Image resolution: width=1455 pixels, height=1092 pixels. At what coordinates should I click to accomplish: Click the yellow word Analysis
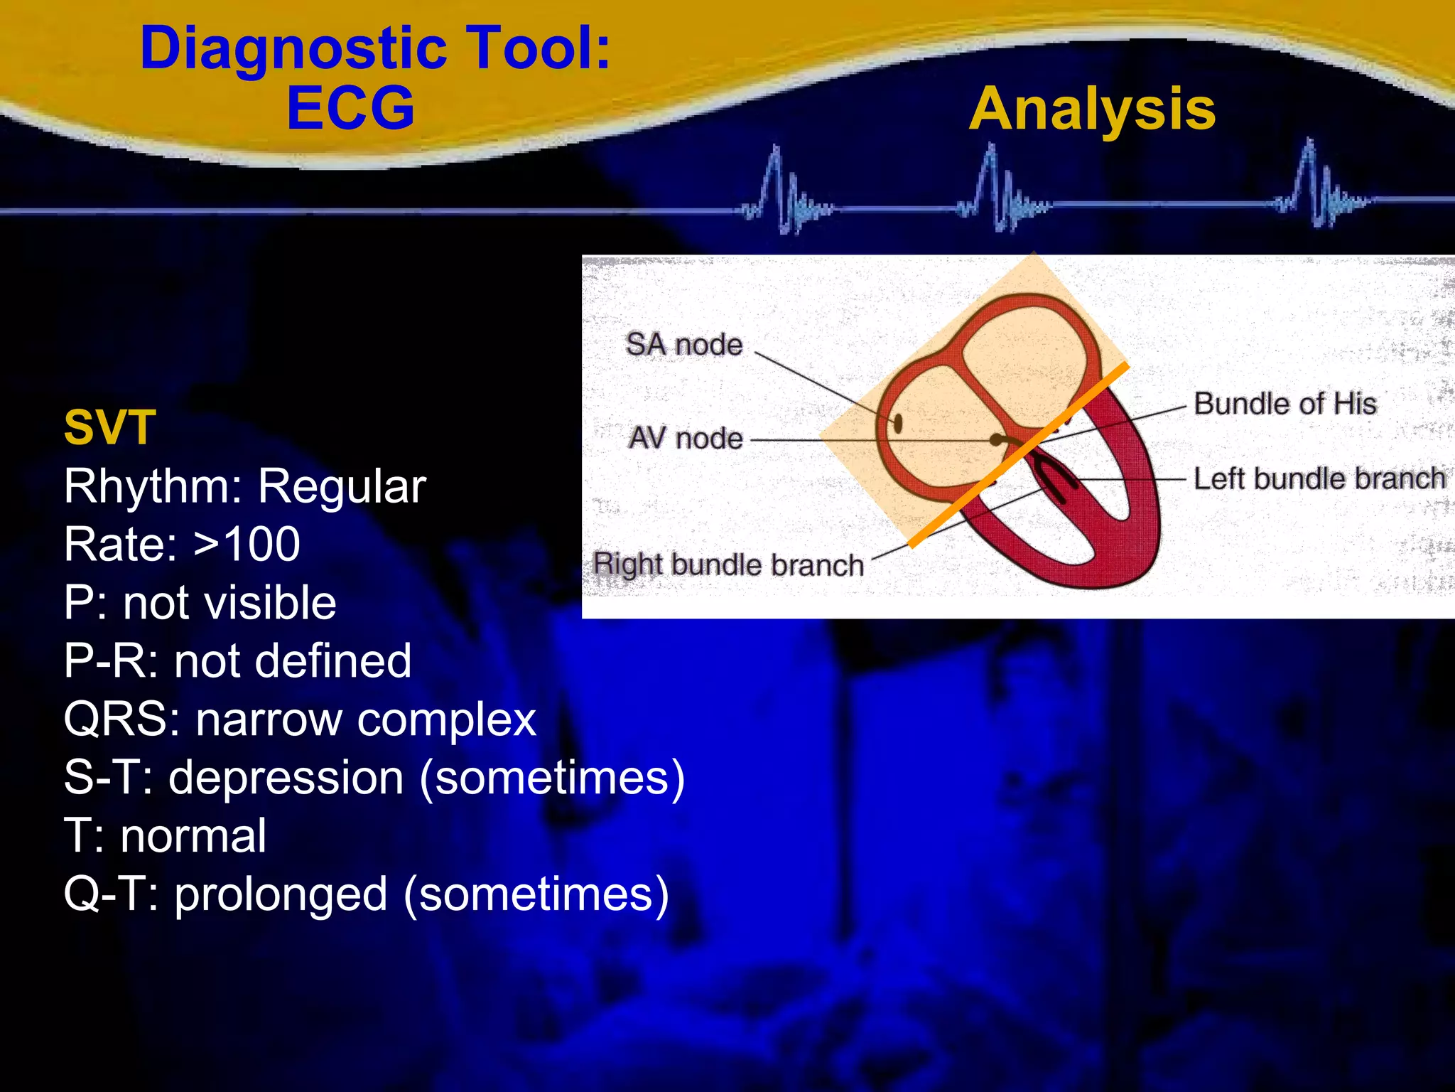click(x=1092, y=109)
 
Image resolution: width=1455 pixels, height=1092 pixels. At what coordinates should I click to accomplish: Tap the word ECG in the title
click(x=350, y=108)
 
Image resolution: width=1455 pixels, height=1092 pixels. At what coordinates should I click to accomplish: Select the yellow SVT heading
click(x=109, y=427)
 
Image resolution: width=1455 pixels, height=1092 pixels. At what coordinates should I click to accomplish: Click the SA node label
click(x=683, y=345)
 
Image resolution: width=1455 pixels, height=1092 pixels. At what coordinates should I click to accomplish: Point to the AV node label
click(x=686, y=438)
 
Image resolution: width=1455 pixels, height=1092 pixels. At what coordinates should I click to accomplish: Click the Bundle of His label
click(x=1284, y=404)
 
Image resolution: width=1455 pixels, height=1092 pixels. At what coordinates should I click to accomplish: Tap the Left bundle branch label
click(x=1319, y=478)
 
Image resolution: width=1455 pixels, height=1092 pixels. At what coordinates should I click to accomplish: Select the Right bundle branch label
click(x=728, y=565)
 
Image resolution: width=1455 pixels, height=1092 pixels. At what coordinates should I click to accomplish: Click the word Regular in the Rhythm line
click(x=341, y=487)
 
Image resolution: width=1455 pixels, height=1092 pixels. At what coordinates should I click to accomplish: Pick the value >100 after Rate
click(x=247, y=545)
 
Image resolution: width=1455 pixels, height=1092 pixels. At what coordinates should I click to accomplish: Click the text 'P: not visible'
click(x=200, y=603)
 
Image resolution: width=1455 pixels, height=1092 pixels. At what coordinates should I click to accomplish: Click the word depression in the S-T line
click(x=286, y=777)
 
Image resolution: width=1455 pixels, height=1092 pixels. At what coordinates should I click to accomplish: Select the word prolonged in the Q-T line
click(x=281, y=894)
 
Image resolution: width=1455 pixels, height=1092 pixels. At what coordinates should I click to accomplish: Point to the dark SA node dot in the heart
click(x=898, y=424)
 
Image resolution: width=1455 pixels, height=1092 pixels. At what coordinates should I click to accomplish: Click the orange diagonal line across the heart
click(x=1018, y=455)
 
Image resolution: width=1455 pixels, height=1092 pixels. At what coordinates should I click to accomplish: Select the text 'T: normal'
click(x=165, y=836)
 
